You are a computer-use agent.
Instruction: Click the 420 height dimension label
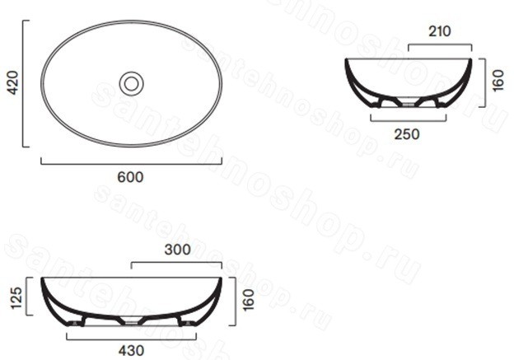(13, 83)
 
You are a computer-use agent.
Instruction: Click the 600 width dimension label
(130, 177)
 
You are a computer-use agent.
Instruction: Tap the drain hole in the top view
(132, 84)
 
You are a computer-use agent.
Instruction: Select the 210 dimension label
(440, 31)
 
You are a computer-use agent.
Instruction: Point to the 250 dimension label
(407, 134)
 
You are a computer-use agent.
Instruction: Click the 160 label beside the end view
(498, 81)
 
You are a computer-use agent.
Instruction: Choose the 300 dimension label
(177, 250)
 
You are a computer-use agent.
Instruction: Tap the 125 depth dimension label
(16, 297)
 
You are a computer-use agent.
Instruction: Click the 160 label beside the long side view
(249, 300)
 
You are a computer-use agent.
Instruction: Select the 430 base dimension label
(131, 351)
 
